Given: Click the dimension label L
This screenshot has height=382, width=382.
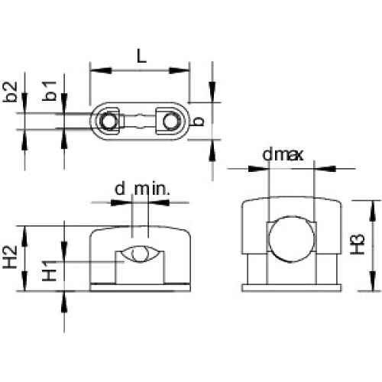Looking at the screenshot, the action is (141, 56).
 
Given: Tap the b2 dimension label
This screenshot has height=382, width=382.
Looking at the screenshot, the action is (10, 92).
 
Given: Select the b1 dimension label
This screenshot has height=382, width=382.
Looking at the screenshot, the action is (50, 91).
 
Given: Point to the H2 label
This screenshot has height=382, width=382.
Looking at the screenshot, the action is (10, 257).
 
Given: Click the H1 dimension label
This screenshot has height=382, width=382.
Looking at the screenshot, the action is (50, 270).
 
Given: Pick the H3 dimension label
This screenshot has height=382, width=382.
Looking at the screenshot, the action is (358, 244).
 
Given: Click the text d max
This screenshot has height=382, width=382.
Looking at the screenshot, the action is (283, 154).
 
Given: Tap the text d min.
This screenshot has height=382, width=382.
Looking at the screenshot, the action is (142, 189).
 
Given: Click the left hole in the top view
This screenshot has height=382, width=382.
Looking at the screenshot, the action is (109, 121).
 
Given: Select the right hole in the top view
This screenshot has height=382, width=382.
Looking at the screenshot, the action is (171, 121).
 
